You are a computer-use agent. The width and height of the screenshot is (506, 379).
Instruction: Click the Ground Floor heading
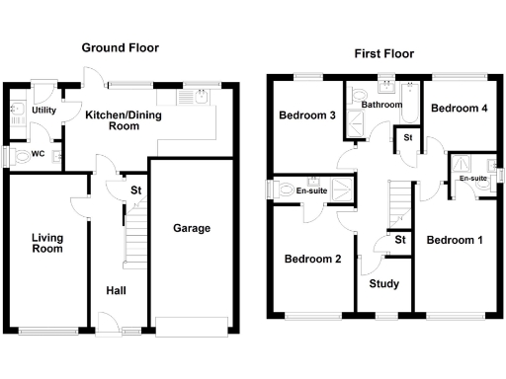click(120, 47)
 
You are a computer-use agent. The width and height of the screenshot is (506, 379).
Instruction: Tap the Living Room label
click(46, 243)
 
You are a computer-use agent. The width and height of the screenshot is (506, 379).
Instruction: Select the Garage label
click(192, 228)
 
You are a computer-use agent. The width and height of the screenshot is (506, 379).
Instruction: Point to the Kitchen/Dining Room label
click(126, 120)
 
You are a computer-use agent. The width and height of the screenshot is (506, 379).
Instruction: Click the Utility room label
click(43, 110)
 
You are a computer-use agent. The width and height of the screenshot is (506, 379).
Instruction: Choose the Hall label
click(117, 290)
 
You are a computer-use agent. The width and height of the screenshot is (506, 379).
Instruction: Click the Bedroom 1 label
click(455, 240)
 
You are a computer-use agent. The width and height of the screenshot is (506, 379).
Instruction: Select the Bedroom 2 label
click(312, 260)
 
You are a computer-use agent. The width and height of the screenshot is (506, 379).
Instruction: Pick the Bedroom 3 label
click(305, 116)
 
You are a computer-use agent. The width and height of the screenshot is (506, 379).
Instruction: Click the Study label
click(383, 283)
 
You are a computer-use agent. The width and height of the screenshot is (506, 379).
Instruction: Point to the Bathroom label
click(380, 104)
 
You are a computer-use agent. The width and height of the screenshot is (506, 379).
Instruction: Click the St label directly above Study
click(400, 240)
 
